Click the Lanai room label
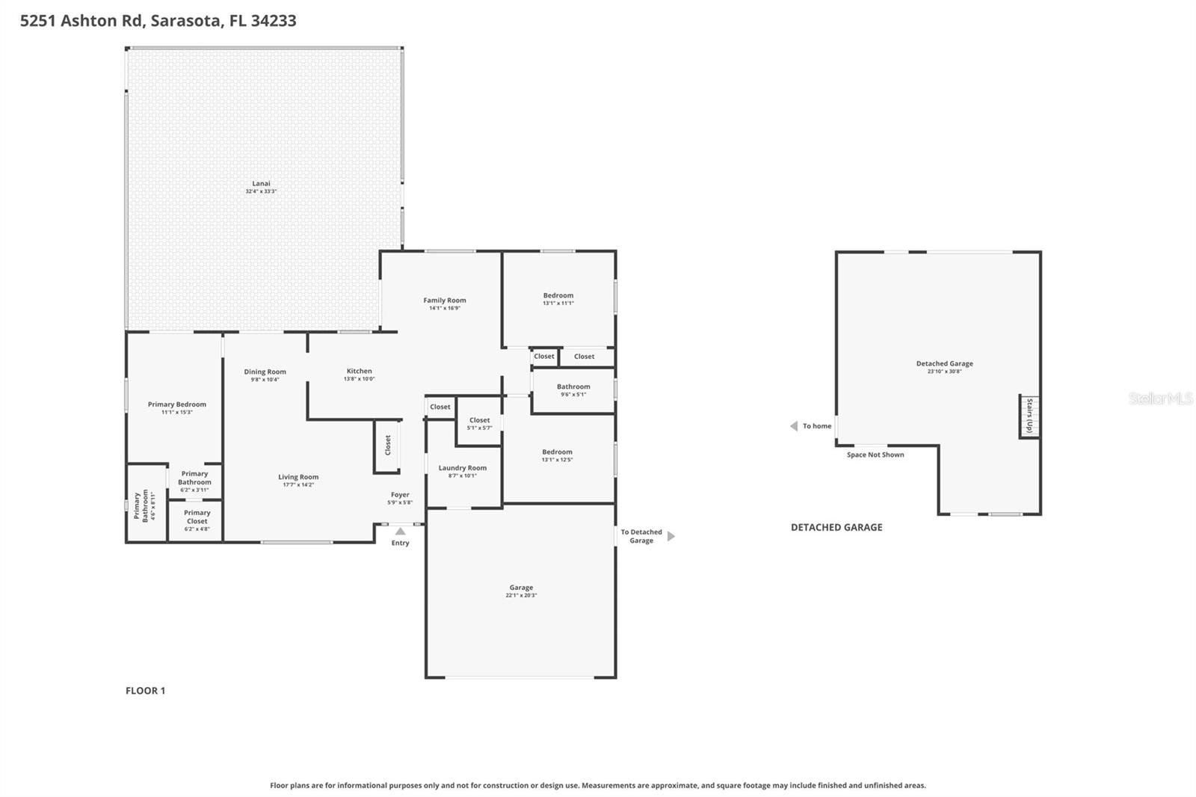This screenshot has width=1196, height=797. [261, 183]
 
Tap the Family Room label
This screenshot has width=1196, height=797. [445, 301]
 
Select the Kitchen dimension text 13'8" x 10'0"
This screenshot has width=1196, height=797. [359, 379]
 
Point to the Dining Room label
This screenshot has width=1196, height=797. [265, 372]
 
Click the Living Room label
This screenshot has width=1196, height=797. [298, 477]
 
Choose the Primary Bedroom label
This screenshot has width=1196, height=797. [176, 404]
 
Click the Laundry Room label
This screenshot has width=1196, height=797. [462, 468]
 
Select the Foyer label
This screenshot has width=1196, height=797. [400, 494]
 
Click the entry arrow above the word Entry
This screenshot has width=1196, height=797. [401, 532]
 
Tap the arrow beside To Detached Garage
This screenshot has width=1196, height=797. [671, 536]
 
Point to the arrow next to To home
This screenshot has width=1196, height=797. [794, 426]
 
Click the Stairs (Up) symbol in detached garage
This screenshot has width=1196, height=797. [1029, 416]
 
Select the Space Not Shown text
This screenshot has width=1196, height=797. [875, 455]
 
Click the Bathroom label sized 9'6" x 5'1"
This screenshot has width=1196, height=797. [573, 387]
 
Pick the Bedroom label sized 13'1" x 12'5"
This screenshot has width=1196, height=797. [557, 452]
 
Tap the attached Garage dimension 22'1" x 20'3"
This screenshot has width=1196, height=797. [521, 596]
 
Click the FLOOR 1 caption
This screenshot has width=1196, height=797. [145, 691]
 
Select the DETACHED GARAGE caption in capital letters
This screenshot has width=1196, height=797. [836, 527]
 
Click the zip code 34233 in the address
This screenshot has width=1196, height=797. [274, 20]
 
